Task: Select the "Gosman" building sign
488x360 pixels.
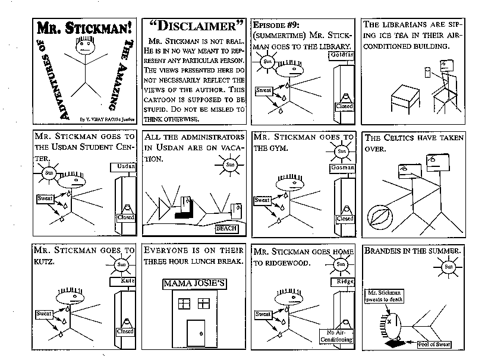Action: point(344,168)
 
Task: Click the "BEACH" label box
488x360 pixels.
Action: point(226,228)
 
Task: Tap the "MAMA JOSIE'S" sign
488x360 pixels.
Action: point(194,283)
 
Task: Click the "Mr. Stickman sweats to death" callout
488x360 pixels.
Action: point(383,296)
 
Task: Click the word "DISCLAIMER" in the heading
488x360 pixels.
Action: point(194,26)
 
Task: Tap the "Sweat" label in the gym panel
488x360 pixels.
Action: point(262,200)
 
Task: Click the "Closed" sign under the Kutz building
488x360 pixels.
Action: point(126,331)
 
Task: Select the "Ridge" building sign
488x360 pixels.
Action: point(345,281)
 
